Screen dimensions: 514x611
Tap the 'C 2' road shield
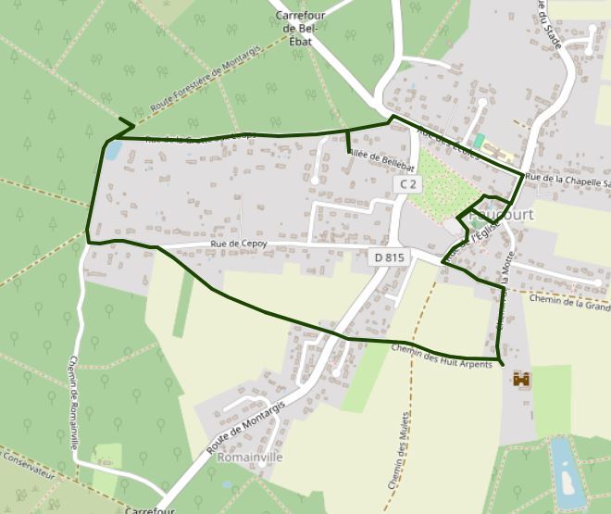(406, 185)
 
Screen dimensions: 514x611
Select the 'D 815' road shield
(390, 257)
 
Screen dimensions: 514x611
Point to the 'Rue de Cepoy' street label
(239, 244)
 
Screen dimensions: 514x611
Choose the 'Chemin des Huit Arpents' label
(442, 357)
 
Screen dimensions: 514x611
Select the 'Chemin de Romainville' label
(73, 403)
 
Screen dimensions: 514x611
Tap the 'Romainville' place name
(248, 458)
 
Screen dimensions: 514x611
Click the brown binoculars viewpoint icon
(522, 380)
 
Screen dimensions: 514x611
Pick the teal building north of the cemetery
(479, 141)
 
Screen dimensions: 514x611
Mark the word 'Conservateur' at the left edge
(28, 463)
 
